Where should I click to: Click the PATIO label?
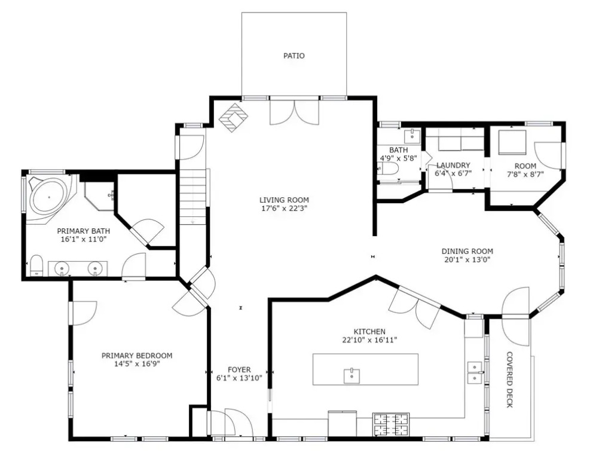[294, 56]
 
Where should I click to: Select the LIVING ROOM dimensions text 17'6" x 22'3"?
[284, 208]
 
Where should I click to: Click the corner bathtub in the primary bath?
[48, 197]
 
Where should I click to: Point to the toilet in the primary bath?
[36, 265]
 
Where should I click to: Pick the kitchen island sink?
[352, 376]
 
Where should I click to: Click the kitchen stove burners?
[391, 424]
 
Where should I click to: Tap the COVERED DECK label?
[510, 380]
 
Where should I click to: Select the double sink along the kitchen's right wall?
[474, 372]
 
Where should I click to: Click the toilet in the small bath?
[388, 168]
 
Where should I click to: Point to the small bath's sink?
[412, 136]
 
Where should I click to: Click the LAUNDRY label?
[453, 166]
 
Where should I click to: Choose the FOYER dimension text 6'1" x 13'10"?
[239, 378]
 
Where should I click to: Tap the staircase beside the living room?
[193, 197]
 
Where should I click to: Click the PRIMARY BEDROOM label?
[137, 356]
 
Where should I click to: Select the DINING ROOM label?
[467, 251]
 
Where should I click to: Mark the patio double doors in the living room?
[294, 112]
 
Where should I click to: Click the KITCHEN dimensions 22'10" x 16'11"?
[369, 339]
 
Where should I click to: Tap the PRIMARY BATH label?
[84, 231]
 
